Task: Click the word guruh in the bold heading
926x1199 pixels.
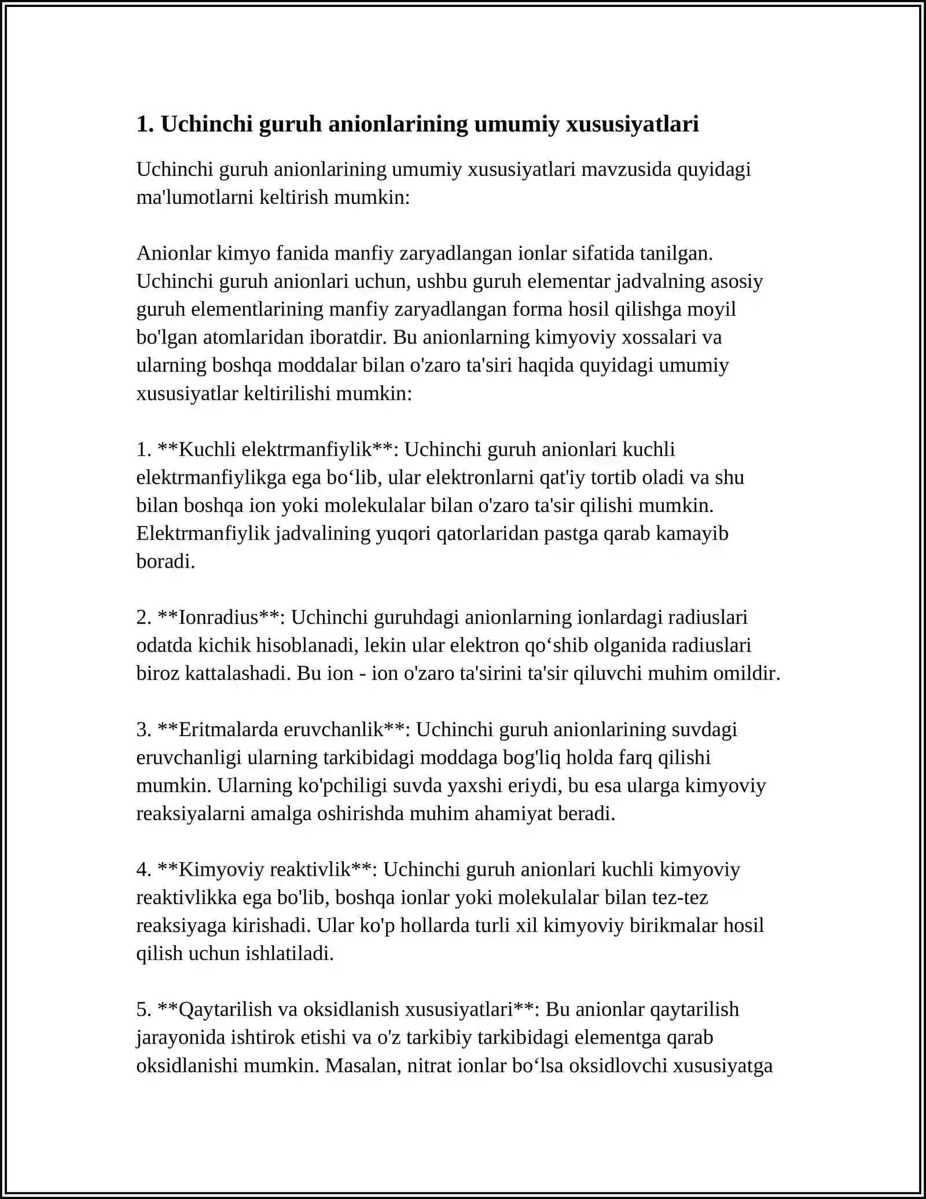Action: coord(290,124)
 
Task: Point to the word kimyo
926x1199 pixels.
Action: coord(243,253)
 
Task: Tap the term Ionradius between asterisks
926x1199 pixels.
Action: coord(218,617)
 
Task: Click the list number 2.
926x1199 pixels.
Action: coord(144,617)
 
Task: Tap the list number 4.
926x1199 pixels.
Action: coord(144,869)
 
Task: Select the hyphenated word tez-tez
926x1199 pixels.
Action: coord(679,898)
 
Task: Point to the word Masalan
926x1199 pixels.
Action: coord(363,1066)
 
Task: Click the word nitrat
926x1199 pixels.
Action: coord(430,1066)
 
